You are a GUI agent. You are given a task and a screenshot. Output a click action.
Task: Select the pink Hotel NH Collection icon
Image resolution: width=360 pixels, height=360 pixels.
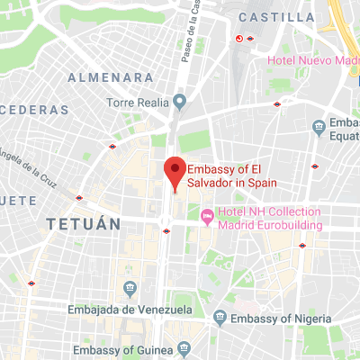point(206,216)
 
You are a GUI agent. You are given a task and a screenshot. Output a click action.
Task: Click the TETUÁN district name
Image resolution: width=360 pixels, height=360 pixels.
point(84,224)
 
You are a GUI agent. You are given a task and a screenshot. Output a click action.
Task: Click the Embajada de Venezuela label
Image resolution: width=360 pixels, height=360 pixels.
point(130,310)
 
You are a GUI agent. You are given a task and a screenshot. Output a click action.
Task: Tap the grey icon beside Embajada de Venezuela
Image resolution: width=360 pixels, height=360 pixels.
point(130,288)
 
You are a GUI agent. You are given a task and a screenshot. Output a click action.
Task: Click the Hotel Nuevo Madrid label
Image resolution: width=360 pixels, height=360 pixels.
point(313,60)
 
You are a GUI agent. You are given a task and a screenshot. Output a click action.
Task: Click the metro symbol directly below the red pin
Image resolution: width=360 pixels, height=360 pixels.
point(166,230)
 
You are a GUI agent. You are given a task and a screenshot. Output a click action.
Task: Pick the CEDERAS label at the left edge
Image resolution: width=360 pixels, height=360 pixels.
point(34,109)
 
